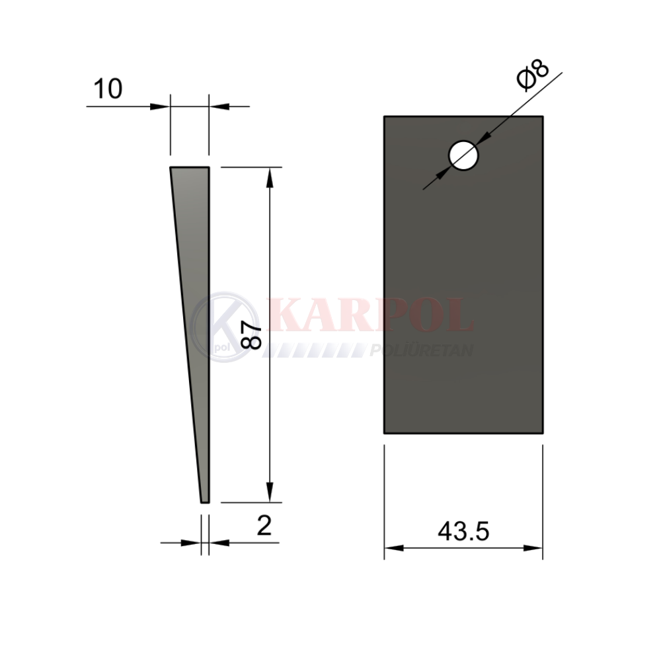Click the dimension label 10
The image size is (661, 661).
tap(108, 89)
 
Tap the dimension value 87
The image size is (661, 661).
tap(251, 335)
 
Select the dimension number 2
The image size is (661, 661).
tap(264, 525)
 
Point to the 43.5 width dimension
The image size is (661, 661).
tap(463, 531)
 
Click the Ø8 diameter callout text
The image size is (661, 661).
tap(533, 75)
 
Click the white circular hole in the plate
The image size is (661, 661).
tap(463, 155)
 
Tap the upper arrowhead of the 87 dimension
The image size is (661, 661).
tap(270, 177)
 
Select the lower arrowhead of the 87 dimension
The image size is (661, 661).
tap(270, 492)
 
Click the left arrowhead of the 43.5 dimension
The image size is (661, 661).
tap(394, 548)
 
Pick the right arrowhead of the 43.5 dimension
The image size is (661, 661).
tap(532, 548)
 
